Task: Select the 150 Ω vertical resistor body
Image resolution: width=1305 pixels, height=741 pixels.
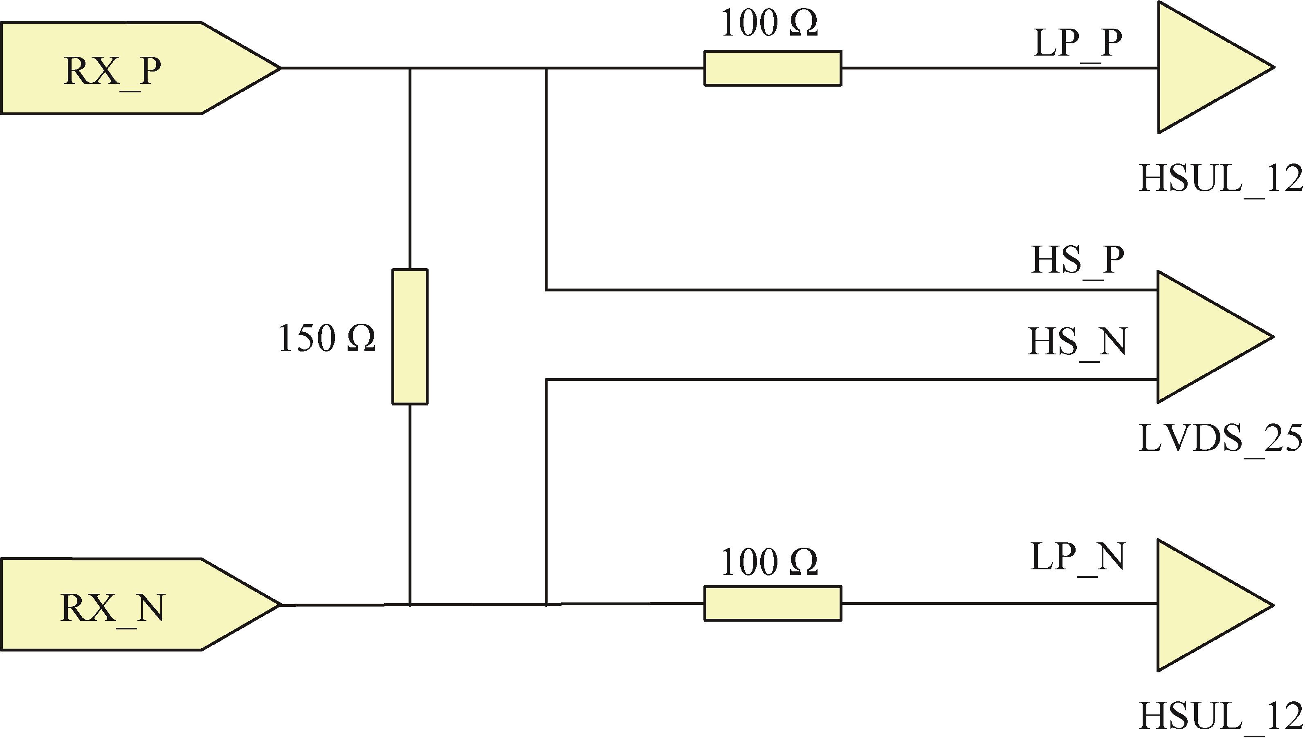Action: point(410,337)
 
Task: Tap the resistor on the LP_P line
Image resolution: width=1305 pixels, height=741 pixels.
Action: point(773,68)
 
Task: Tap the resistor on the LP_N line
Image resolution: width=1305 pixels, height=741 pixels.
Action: point(773,604)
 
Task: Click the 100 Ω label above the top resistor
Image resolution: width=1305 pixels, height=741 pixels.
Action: point(769,23)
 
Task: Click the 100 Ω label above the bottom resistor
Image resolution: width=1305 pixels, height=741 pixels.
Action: point(769,562)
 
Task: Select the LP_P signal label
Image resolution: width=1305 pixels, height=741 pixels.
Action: point(1077,43)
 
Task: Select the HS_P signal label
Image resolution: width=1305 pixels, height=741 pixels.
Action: point(1077,261)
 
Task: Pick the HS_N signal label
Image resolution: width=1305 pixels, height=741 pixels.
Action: point(1077,342)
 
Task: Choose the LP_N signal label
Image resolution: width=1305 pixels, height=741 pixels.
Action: point(1077,557)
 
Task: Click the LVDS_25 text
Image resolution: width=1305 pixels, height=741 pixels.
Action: point(1220,439)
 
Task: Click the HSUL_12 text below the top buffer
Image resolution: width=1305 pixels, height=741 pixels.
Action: point(1220,179)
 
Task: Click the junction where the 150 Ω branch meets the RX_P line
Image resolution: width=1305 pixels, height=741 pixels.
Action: point(410,68)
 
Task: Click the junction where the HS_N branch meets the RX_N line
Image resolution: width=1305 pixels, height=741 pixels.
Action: point(546,604)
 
